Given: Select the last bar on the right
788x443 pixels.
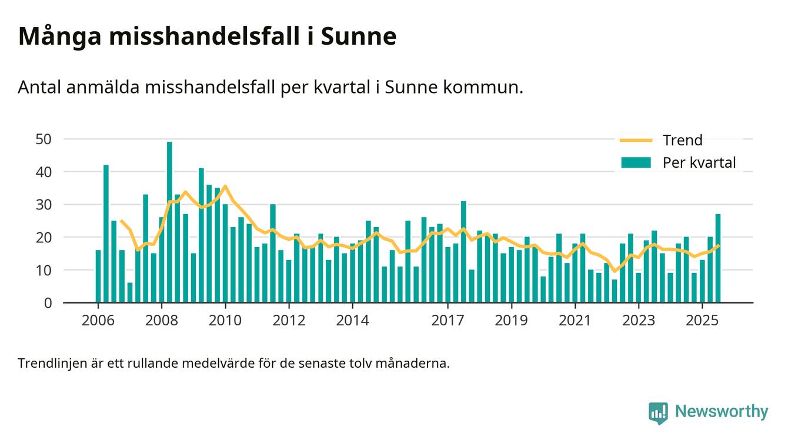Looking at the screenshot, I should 718,258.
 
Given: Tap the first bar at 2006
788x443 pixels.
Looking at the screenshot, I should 98,277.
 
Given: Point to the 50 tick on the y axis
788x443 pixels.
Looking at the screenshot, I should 44,139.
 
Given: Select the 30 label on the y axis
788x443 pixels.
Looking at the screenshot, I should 44,205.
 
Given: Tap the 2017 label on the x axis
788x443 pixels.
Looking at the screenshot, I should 448,321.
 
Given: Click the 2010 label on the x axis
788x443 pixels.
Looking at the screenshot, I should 225,321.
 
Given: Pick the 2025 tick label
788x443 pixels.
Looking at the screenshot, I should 702,321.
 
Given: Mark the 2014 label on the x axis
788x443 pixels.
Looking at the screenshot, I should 352,321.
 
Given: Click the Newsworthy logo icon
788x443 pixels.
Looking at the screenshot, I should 658,412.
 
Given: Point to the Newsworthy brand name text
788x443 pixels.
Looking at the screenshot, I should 721,412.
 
